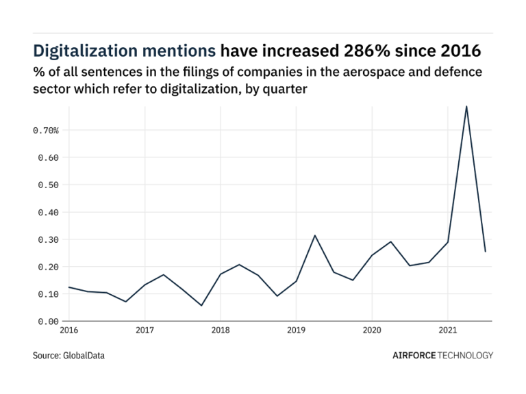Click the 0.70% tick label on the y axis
click(45, 130)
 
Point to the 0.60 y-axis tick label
click(48, 157)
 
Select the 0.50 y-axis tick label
click(48, 185)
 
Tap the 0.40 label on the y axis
click(48, 212)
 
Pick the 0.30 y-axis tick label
click(48, 239)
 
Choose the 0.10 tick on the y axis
click(48, 294)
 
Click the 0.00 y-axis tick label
click(48, 321)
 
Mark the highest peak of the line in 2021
click(466, 107)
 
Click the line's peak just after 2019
click(315, 235)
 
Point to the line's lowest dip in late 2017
click(201, 305)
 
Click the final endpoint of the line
click(485, 252)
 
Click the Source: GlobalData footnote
click(69, 356)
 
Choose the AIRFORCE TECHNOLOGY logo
click(442, 356)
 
